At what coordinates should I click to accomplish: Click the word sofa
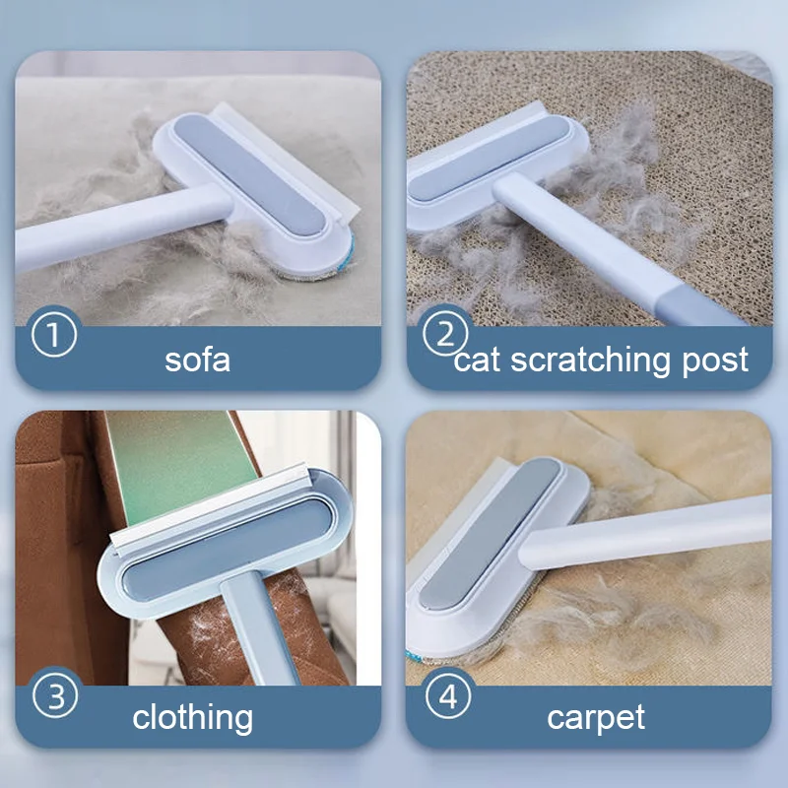[x=197, y=359]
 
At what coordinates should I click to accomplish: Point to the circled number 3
[x=55, y=697]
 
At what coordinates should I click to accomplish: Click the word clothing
[x=193, y=717]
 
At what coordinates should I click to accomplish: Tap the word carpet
[x=596, y=717]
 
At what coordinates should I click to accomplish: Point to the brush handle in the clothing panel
[x=250, y=630]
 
